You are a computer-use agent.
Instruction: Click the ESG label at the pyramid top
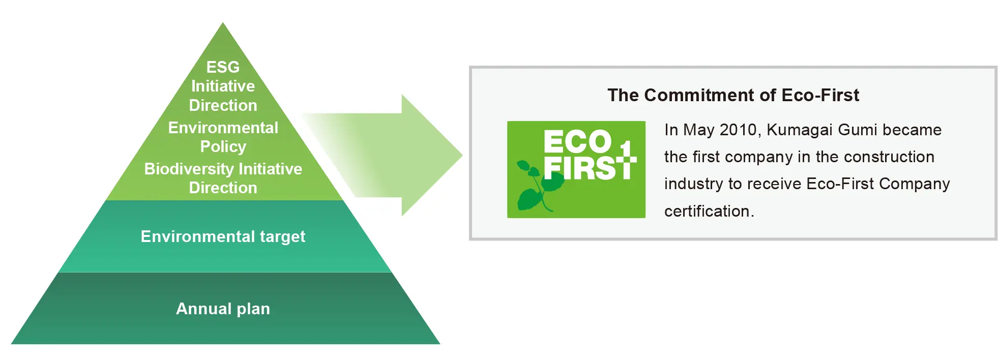[x=223, y=67]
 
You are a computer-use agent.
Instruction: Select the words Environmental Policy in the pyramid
[x=223, y=137]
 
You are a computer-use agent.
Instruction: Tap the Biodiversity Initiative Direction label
[x=223, y=178]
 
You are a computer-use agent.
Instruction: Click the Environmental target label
[x=223, y=236]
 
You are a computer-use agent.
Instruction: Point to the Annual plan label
[x=223, y=309]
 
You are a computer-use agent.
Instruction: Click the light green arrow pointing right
[x=407, y=155]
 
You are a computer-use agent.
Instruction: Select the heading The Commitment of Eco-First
[x=733, y=95]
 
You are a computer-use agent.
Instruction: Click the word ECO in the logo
[x=577, y=141]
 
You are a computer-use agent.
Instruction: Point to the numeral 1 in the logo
[x=626, y=151]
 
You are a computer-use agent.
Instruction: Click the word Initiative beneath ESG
[x=223, y=86]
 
